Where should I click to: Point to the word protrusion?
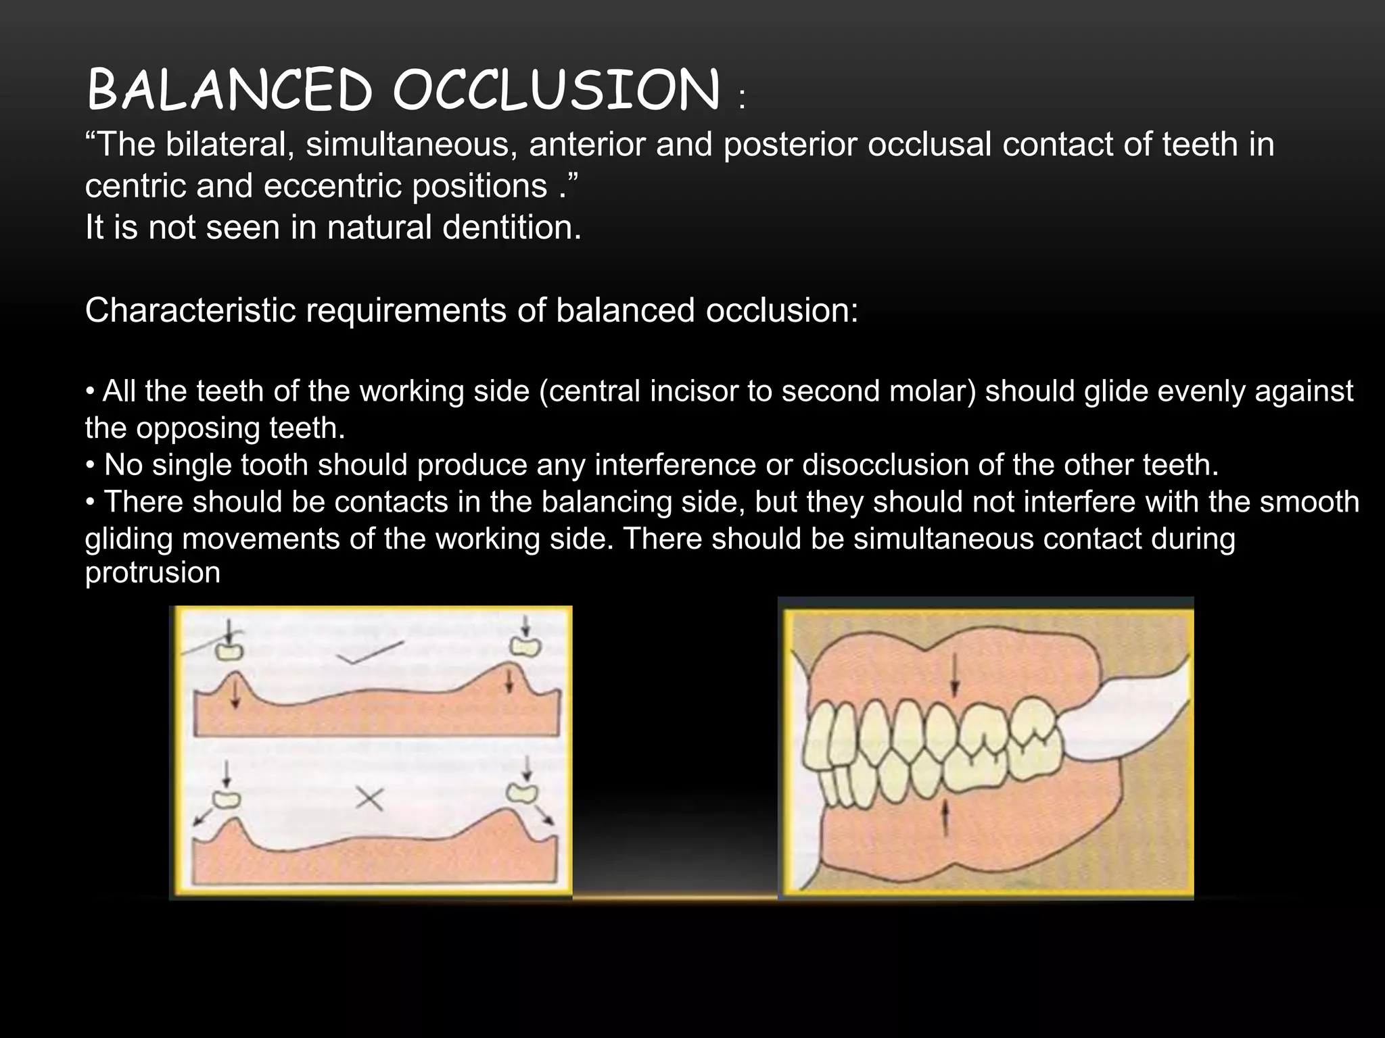(153, 573)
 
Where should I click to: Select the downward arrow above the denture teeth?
(954, 676)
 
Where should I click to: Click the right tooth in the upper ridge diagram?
(525, 647)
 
